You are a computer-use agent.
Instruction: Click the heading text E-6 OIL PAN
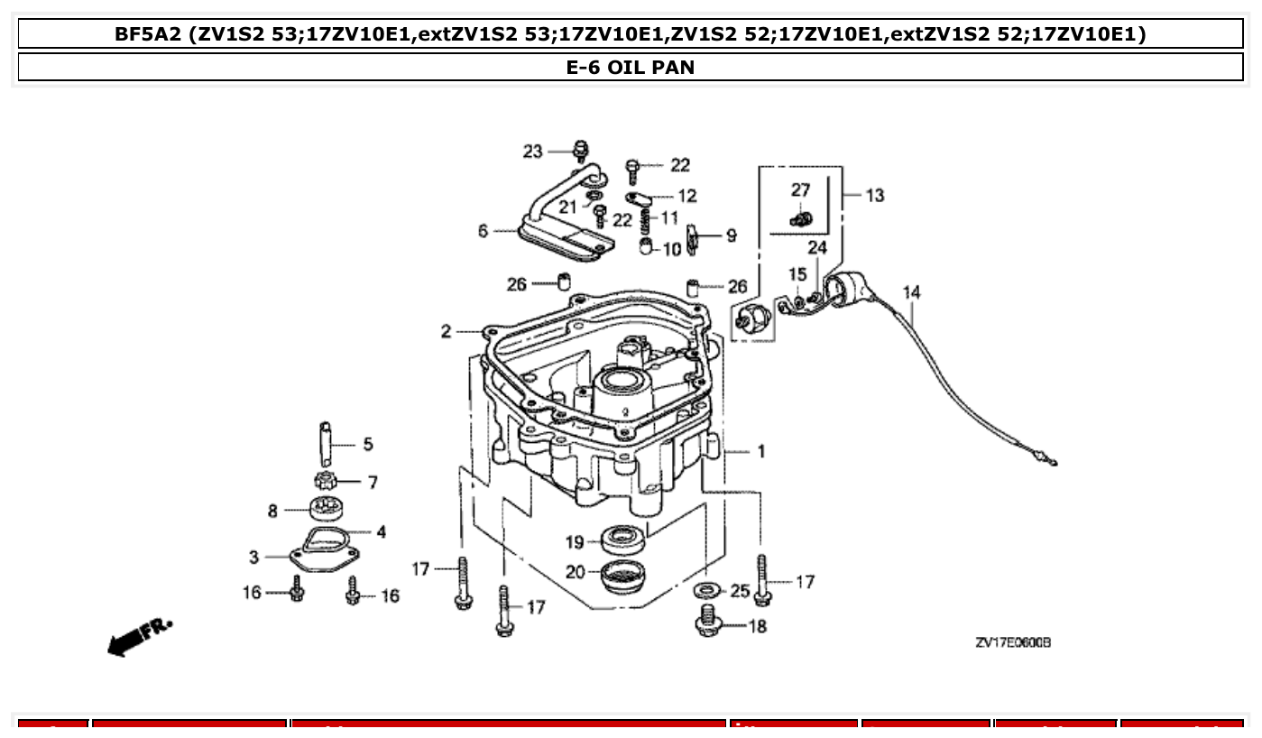(x=630, y=68)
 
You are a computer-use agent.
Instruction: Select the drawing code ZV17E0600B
(x=1012, y=643)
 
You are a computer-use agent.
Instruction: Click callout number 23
(x=532, y=152)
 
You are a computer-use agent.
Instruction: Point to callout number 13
(x=874, y=195)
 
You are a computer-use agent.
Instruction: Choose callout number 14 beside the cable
(x=911, y=292)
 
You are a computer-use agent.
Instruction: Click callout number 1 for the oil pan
(x=760, y=451)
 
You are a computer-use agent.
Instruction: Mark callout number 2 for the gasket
(x=446, y=332)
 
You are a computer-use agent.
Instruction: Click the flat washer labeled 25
(x=706, y=591)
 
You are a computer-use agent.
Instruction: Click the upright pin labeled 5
(x=326, y=440)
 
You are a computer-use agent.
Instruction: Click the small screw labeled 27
(x=798, y=217)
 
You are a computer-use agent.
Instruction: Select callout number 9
(x=731, y=235)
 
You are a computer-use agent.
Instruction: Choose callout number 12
(x=687, y=196)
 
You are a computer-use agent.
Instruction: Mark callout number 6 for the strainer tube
(x=484, y=232)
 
